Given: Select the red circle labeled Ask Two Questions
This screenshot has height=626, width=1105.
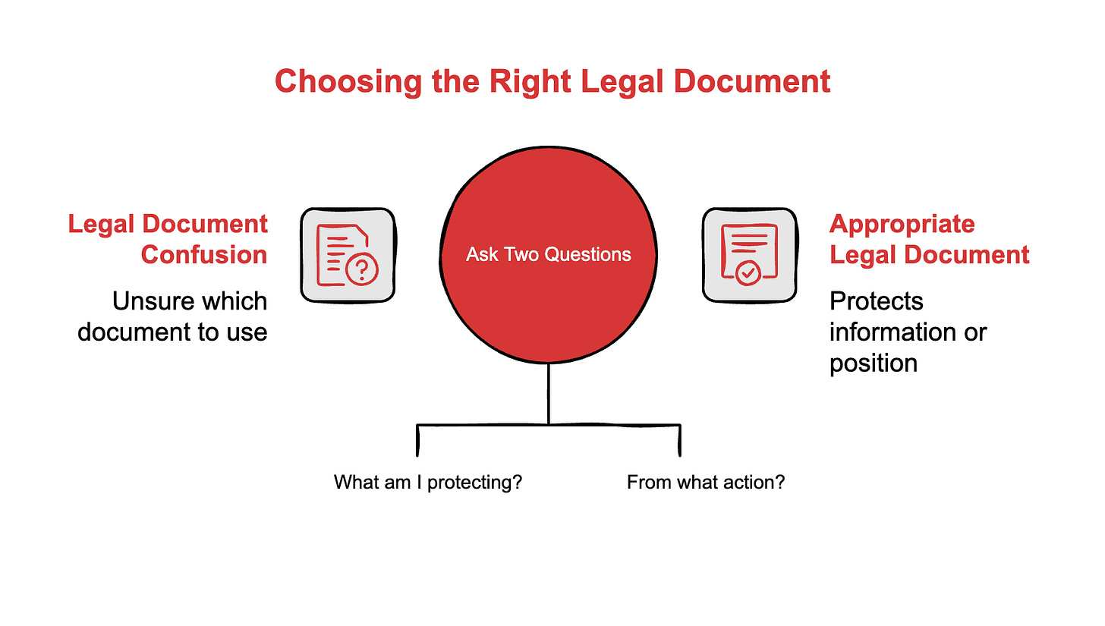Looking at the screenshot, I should [549, 254].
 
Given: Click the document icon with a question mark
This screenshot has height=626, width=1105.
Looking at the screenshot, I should [348, 254].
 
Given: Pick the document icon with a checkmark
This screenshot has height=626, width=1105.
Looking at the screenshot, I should [749, 254].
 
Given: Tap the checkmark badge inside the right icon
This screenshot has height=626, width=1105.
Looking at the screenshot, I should [748, 272].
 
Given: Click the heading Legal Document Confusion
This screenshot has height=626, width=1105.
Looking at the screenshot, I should [168, 239].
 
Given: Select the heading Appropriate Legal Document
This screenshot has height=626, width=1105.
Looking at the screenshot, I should [929, 239].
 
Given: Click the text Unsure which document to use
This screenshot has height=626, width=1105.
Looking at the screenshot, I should [174, 316].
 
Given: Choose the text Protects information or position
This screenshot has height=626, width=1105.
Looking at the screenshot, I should [908, 332].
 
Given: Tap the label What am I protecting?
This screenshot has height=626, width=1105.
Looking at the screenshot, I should [428, 482].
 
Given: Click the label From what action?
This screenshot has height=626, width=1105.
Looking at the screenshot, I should [706, 482].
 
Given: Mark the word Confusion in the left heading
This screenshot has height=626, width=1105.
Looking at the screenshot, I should [204, 254].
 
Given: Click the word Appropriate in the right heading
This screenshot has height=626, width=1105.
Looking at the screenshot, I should [902, 224].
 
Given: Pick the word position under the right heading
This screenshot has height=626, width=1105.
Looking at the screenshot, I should [874, 363].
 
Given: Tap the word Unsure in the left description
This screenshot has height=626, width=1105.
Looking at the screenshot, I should [148, 301].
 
